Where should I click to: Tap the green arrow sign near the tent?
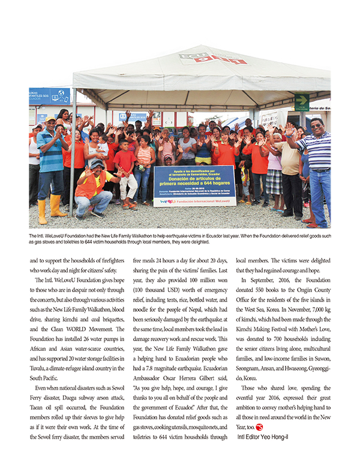(x=302, y=101)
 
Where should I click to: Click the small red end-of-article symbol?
(x=259, y=426)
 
